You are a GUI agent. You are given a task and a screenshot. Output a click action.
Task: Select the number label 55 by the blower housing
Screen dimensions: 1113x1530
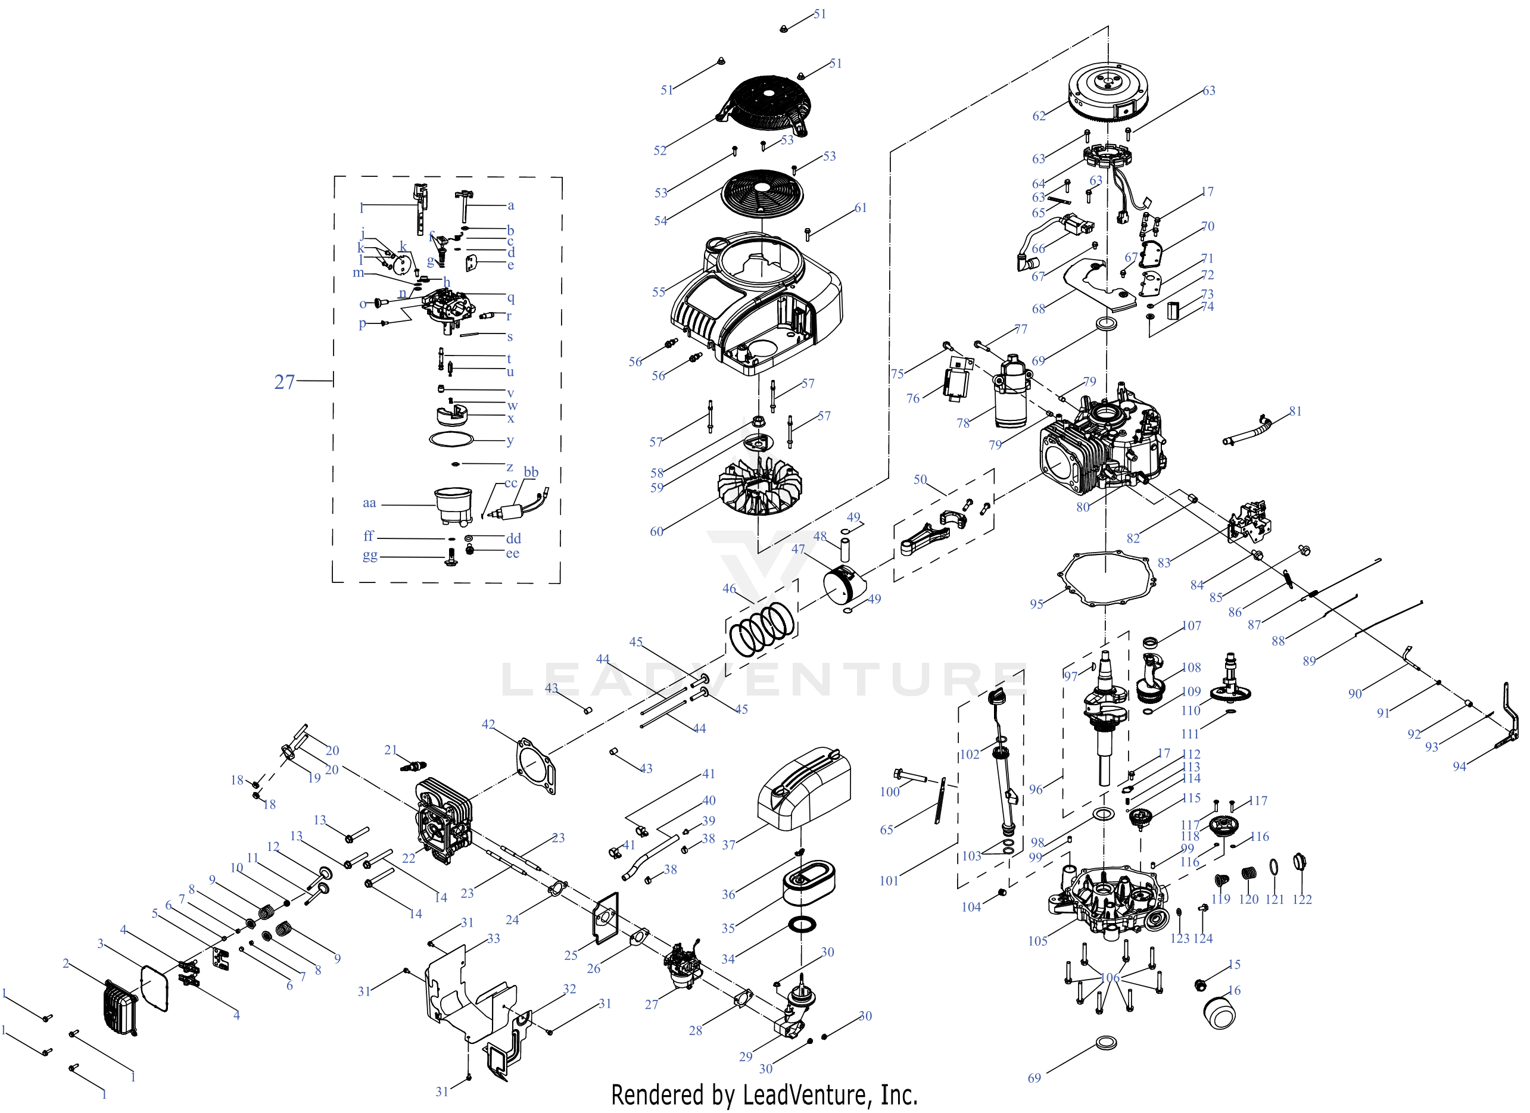click(659, 292)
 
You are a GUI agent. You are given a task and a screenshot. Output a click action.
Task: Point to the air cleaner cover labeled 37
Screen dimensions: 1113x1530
click(804, 788)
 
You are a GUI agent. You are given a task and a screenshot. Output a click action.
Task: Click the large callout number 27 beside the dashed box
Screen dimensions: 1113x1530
click(284, 382)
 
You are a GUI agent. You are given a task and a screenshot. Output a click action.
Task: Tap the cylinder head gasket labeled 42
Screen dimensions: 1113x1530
click(537, 766)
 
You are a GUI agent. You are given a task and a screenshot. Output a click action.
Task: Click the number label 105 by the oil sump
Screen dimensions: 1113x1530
click(1037, 941)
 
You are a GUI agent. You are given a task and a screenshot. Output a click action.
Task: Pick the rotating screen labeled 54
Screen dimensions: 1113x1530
click(762, 190)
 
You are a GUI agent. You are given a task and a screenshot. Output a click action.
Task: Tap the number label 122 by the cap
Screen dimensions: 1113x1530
click(1301, 899)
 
